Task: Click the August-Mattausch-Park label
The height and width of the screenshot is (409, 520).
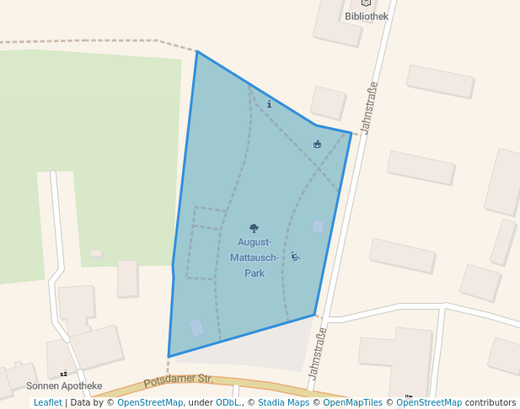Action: (x=254, y=258)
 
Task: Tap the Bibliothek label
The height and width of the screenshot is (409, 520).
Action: (x=367, y=16)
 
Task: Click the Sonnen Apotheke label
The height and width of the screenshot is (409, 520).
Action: (x=64, y=386)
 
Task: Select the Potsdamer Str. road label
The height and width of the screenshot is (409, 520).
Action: (x=179, y=380)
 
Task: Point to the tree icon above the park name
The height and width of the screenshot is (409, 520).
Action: (x=254, y=228)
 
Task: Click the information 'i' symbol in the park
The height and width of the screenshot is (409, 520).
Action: (x=269, y=104)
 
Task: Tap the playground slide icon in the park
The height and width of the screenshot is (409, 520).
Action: (x=295, y=256)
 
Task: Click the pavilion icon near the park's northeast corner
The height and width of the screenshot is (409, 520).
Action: (x=317, y=145)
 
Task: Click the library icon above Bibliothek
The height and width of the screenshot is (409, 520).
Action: (x=366, y=3)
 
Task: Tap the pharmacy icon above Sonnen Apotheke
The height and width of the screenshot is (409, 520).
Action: (x=63, y=373)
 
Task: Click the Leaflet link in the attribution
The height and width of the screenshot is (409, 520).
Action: (x=47, y=403)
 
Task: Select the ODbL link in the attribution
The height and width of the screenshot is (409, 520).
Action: (x=227, y=403)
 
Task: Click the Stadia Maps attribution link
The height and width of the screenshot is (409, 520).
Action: (x=283, y=403)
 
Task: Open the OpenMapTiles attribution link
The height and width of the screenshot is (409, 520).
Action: (x=353, y=403)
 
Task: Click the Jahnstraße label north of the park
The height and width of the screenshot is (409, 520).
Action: (x=368, y=107)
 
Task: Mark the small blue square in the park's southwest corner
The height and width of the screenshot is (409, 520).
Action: (x=196, y=328)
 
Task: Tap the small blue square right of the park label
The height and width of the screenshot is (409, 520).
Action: (x=318, y=226)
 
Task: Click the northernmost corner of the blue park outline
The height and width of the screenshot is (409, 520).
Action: (x=196, y=52)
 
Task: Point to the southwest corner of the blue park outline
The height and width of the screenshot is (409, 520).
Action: (x=169, y=357)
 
